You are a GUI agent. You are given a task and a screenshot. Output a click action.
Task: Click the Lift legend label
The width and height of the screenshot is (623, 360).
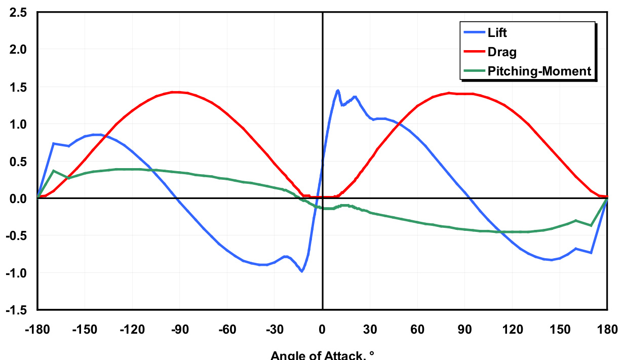pos(497,33)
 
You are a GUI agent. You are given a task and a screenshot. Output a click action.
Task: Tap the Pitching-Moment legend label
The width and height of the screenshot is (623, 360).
pos(539,71)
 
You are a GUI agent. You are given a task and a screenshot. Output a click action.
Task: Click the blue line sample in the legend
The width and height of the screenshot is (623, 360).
pos(473,33)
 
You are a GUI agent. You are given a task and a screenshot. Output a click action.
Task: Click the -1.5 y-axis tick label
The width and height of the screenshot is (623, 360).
pos(18,310)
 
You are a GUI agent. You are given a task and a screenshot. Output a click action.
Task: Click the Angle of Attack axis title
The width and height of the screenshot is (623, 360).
pos(322,355)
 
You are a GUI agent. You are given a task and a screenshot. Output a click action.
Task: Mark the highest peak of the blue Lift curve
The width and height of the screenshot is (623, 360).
pos(338,91)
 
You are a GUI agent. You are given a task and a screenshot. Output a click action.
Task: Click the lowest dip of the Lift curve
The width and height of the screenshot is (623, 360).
pos(302,271)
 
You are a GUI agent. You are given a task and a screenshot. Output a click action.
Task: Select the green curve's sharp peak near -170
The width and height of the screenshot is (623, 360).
pos(54,171)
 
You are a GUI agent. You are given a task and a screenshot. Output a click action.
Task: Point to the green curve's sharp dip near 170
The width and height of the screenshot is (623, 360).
pos(591,225)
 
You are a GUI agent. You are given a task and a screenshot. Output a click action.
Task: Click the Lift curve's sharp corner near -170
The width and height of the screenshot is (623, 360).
pos(54,143)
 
